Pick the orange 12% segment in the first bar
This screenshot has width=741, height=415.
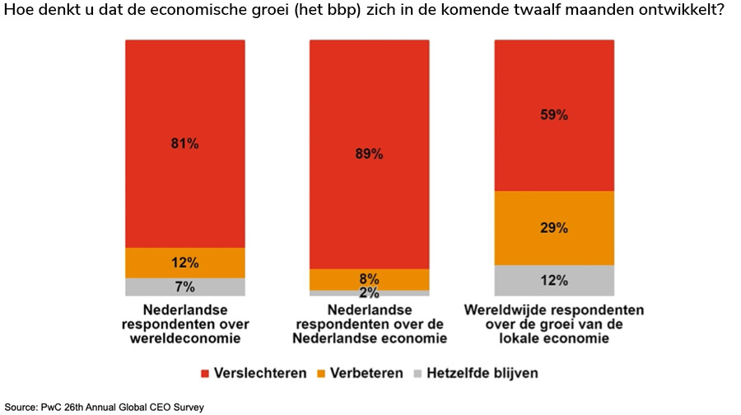click(x=184, y=263)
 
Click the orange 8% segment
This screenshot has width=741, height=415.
click(x=369, y=279)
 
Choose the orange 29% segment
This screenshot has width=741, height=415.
click(x=553, y=228)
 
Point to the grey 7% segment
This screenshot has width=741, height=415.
click(x=184, y=287)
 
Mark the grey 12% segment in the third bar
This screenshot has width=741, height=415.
click(x=553, y=280)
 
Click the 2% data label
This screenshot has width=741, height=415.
click(x=369, y=292)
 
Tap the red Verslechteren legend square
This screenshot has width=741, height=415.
click(x=206, y=373)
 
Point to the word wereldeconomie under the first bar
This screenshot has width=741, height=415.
click(x=184, y=338)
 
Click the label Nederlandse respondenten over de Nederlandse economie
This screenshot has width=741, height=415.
click(x=369, y=324)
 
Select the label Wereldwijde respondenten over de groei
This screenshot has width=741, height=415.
click(x=553, y=324)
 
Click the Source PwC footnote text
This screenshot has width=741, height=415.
click(x=105, y=407)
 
